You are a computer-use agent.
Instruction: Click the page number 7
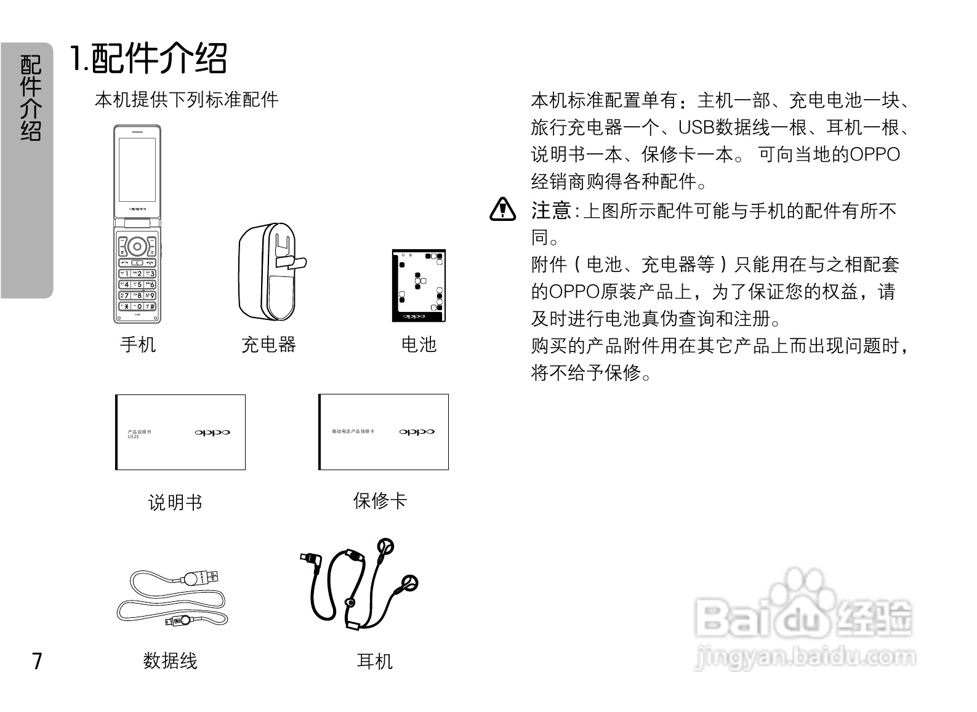tap(38, 660)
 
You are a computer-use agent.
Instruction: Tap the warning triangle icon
tap(502, 210)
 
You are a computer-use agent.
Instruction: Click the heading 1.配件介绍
tap(148, 59)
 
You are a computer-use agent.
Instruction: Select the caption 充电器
tap(268, 345)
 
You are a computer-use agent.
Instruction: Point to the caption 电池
tap(419, 345)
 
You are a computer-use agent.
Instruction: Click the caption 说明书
tap(175, 503)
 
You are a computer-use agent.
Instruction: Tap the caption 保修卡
tap(380, 501)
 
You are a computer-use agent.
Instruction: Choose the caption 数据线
tap(171, 661)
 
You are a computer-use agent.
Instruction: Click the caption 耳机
tap(374, 662)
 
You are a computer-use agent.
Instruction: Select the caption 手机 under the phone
tap(138, 345)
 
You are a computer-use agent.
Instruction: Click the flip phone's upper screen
tap(137, 169)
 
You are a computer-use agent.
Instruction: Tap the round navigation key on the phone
tap(137, 247)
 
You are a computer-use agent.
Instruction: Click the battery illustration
tap(419, 286)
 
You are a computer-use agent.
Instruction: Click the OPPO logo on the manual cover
tap(212, 433)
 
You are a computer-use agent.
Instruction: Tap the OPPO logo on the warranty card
tap(417, 432)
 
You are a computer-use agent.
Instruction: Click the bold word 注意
tap(551, 211)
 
